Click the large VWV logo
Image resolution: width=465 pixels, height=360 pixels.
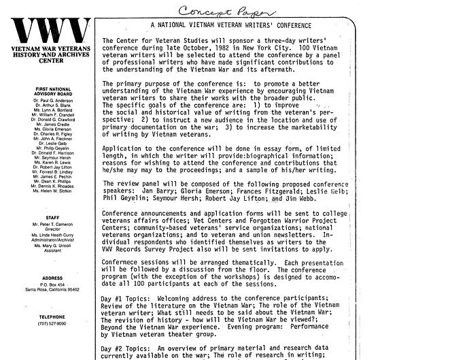52,31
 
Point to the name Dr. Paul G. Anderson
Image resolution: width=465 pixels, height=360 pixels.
52,100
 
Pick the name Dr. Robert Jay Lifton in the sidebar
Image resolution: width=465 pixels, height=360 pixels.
52,166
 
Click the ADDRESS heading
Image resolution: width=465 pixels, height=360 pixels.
52,278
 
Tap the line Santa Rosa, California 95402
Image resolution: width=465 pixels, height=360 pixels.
52,290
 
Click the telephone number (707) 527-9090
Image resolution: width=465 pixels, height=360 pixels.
52,323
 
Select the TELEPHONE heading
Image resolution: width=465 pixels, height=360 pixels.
52,316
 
